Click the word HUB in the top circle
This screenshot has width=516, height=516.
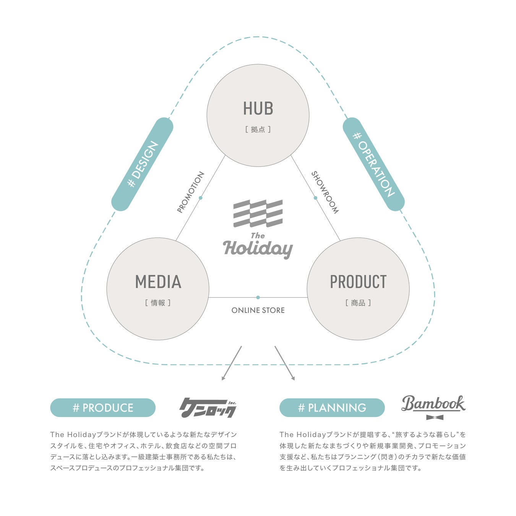[x=258, y=109]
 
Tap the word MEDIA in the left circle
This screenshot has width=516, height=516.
[x=158, y=282]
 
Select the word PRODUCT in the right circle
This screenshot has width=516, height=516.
[x=358, y=282]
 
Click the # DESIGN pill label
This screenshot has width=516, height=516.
[x=142, y=164]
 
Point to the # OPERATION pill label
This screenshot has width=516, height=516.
[x=373, y=164]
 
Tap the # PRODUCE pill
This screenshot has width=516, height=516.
[x=103, y=408]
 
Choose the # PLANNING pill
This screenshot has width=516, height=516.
[x=332, y=408]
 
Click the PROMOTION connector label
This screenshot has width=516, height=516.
[x=190, y=192]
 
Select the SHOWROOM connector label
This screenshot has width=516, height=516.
[x=325, y=192]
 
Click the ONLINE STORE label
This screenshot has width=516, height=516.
[x=258, y=310]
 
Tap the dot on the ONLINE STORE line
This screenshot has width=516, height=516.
[x=258, y=297]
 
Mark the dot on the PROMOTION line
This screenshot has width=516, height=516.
[x=200, y=198]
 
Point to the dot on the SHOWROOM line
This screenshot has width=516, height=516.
[x=315, y=198]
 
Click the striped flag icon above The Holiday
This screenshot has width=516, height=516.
[x=258, y=213]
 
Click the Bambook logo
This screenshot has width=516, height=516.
[x=433, y=404]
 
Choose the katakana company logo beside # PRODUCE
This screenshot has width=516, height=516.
[x=208, y=408]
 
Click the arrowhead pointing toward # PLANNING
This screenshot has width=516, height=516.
[x=293, y=378]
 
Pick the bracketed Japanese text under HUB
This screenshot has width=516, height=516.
[x=258, y=130]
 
